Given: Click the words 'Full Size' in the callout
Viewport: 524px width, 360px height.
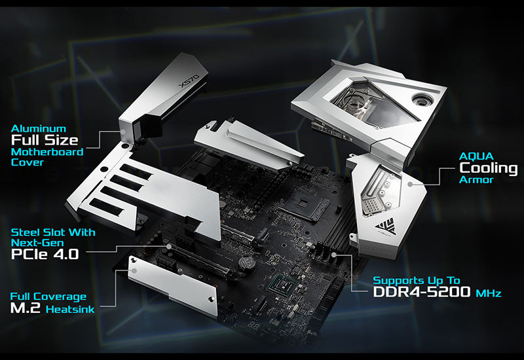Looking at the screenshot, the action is pyautogui.click(x=45, y=140).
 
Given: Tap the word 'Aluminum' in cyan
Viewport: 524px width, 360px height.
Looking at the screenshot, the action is pyautogui.click(x=39, y=128).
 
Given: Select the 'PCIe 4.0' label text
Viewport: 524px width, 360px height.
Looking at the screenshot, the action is pyautogui.click(x=45, y=254).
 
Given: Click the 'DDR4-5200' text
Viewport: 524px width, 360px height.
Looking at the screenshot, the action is pyautogui.click(x=422, y=291).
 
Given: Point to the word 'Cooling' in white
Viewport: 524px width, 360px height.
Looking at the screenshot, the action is pyautogui.click(x=488, y=168).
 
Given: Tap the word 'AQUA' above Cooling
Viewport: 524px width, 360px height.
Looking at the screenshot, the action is pyautogui.click(x=476, y=156).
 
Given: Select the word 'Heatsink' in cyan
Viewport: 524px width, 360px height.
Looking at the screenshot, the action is pyautogui.click(x=70, y=309).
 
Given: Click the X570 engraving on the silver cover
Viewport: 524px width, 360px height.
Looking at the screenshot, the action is pyautogui.click(x=189, y=81).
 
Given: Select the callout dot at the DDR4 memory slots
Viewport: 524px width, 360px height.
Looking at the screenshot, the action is pyautogui.click(x=334, y=255).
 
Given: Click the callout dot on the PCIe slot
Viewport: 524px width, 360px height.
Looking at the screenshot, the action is pyautogui.click(x=169, y=247).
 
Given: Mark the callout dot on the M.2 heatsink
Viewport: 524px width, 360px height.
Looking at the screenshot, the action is pyautogui.click(x=134, y=271).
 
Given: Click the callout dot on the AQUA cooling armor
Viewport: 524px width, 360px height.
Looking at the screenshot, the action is pyautogui.click(x=411, y=184).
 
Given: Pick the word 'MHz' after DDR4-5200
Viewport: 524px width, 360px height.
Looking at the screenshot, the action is pyautogui.click(x=489, y=293).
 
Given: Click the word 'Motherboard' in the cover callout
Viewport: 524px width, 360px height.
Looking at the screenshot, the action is pyautogui.click(x=47, y=152).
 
